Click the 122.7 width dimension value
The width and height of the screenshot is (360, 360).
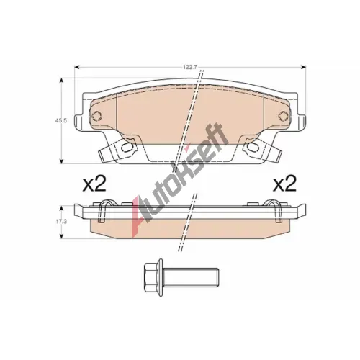[190, 68]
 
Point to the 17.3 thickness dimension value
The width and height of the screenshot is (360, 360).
[57, 221]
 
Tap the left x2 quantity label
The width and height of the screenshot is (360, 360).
[94, 184]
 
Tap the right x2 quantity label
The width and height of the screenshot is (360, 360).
[285, 184]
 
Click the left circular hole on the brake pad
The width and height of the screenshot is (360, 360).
[96, 116]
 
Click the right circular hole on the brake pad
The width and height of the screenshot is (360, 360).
[284, 116]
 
